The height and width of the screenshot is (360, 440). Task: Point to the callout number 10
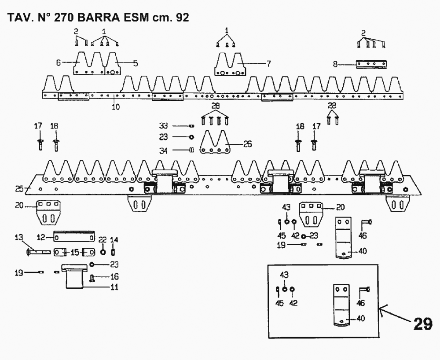[115, 107]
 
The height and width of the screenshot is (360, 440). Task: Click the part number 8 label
[335, 65]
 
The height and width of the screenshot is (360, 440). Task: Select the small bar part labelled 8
[373, 64]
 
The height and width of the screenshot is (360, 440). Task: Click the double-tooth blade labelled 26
[216, 143]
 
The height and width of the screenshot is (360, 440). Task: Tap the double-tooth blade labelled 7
[229, 65]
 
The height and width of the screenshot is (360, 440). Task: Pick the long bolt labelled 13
[40, 252]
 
